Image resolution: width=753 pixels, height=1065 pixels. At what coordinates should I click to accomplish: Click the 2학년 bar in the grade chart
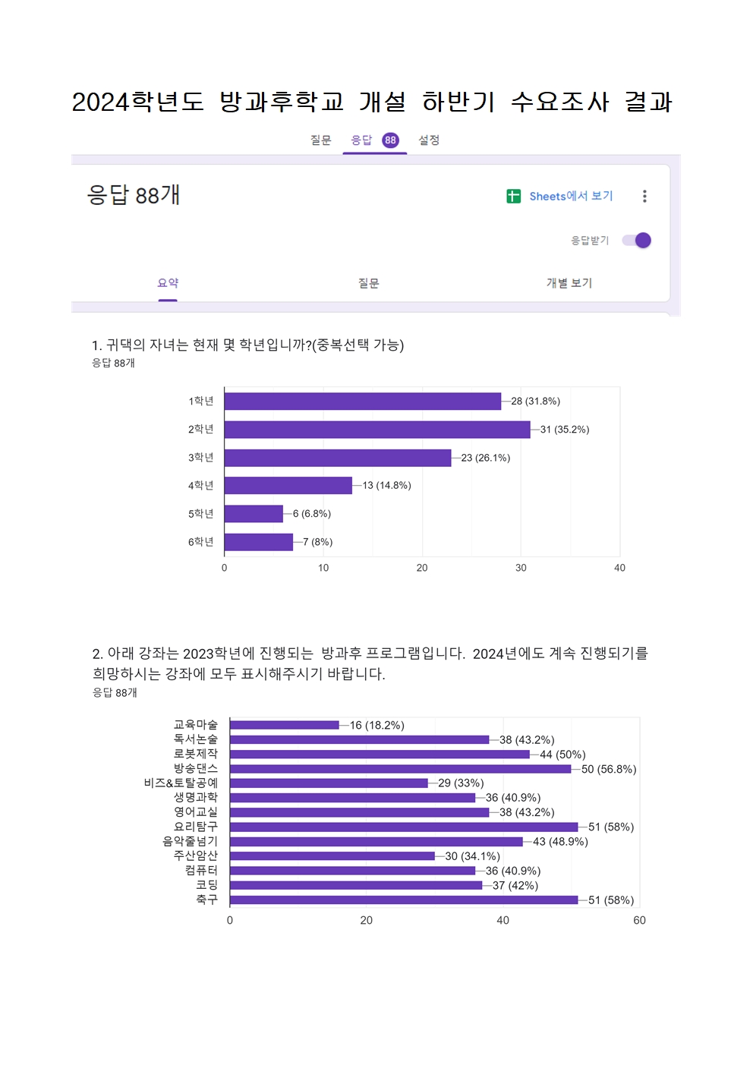pyautogui.click(x=377, y=430)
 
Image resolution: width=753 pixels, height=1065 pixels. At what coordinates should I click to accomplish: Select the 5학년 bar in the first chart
pyautogui.click(x=254, y=514)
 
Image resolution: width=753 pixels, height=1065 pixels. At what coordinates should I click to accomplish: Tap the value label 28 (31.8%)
pyautogui.click(x=535, y=402)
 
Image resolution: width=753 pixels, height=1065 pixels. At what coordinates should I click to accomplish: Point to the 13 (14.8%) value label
pyautogui.click(x=386, y=486)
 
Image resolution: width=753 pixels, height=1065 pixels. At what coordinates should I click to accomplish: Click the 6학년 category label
pyautogui.click(x=201, y=542)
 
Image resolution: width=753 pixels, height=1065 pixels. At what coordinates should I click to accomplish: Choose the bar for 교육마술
pyautogui.click(x=285, y=725)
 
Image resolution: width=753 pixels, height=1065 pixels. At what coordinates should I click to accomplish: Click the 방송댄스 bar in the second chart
pyautogui.click(x=400, y=769)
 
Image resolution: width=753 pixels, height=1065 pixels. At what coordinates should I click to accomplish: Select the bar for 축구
pyautogui.click(x=404, y=900)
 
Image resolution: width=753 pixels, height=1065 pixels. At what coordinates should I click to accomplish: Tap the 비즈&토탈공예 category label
pyautogui.click(x=181, y=783)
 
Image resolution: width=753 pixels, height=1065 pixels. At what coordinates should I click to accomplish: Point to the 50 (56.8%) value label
pyautogui.click(x=609, y=770)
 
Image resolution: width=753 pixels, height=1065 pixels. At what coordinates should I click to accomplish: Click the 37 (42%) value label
pyautogui.click(x=515, y=886)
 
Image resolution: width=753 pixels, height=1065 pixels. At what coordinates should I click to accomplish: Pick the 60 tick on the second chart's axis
pyautogui.click(x=639, y=921)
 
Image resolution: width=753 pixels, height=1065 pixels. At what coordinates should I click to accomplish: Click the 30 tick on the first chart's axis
pyautogui.click(x=521, y=568)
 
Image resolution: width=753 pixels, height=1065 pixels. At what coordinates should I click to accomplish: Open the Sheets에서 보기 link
pyautogui.click(x=571, y=196)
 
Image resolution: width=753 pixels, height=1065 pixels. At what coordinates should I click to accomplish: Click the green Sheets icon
pyautogui.click(x=514, y=196)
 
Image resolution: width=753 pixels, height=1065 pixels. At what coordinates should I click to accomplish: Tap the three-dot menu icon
pyautogui.click(x=644, y=196)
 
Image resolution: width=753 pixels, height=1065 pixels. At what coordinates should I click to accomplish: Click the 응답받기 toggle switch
pyautogui.click(x=637, y=241)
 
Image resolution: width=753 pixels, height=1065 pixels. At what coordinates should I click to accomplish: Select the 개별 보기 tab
pyautogui.click(x=569, y=283)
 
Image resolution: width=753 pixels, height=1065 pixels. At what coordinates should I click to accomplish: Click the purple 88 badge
pyautogui.click(x=390, y=140)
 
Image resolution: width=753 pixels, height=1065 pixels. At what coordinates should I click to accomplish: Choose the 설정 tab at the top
pyautogui.click(x=429, y=140)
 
